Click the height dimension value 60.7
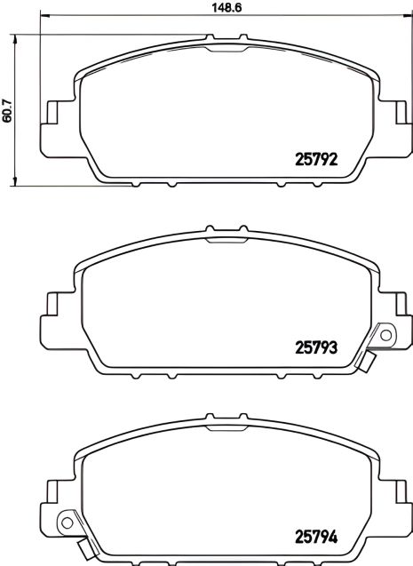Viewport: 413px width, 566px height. (x=9, y=109)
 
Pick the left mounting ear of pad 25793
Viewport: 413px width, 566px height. (x=52, y=310)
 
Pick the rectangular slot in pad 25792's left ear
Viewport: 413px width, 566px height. (x=52, y=113)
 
